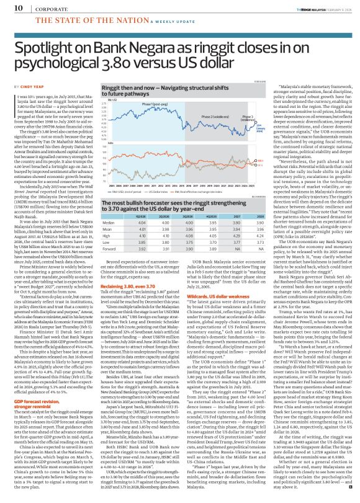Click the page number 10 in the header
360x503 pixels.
click(x=11, y=7)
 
